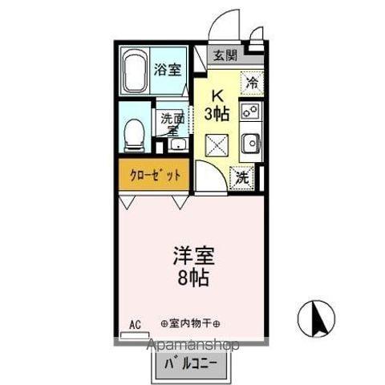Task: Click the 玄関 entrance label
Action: [225, 55]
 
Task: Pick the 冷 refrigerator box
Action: [252, 81]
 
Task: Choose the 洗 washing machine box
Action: [241, 178]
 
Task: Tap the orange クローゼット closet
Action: [155, 175]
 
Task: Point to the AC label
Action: [135, 326]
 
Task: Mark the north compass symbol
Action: [314, 318]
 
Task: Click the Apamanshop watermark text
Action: [193, 345]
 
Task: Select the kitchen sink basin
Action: [252, 144]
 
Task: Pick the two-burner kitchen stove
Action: [251, 111]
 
